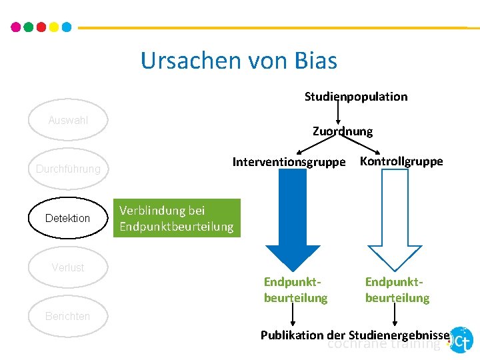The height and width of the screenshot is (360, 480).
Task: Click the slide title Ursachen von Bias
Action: click(x=239, y=61)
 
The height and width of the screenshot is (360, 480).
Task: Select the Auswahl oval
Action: click(x=68, y=121)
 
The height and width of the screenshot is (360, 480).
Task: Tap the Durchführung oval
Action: click(x=68, y=169)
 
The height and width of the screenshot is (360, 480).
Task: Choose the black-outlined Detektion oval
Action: click(x=67, y=218)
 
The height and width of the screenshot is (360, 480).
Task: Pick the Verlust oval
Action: click(x=68, y=267)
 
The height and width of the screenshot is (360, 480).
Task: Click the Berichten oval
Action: click(x=67, y=316)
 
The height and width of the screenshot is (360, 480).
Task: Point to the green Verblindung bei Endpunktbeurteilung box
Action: click(x=176, y=218)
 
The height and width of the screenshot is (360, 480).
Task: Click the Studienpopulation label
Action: click(x=356, y=97)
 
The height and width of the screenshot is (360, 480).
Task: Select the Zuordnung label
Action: click(x=343, y=131)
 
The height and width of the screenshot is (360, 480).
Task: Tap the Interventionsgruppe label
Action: click(x=289, y=162)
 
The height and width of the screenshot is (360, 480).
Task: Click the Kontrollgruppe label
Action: click(x=401, y=161)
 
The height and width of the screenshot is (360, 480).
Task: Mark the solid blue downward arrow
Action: click(x=294, y=220)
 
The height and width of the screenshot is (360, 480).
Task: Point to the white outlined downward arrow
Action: click(x=397, y=220)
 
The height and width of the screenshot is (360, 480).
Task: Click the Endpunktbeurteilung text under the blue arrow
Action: click(x=295, y=290)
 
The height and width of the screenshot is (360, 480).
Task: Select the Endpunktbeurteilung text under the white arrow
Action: click(x=397, y=290)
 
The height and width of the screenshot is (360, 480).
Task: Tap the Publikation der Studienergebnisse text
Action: click(x=356, y=335)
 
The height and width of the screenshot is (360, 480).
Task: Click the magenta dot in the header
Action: click(x=16, y=27)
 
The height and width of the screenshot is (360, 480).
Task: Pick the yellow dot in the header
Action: click(x=53, y=27)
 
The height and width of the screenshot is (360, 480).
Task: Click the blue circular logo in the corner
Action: click(x=461, y=340)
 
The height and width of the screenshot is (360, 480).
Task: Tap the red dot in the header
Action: click(x=41, y=27)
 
